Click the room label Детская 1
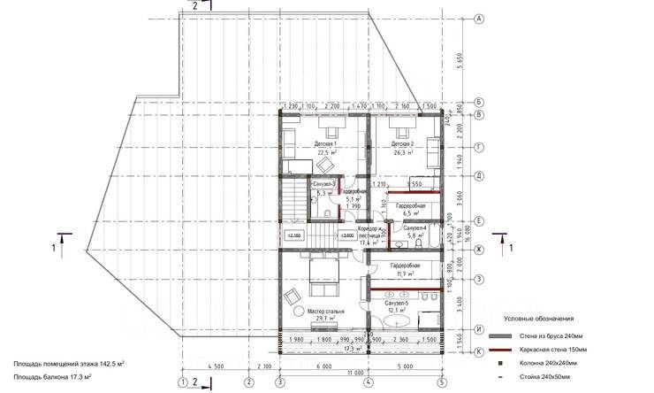[326, 143]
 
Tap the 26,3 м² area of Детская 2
[403, 152]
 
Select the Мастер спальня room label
[325, 312]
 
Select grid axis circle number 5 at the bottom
[441, 381]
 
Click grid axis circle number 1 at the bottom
[183, 381]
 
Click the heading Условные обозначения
[539, 318]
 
